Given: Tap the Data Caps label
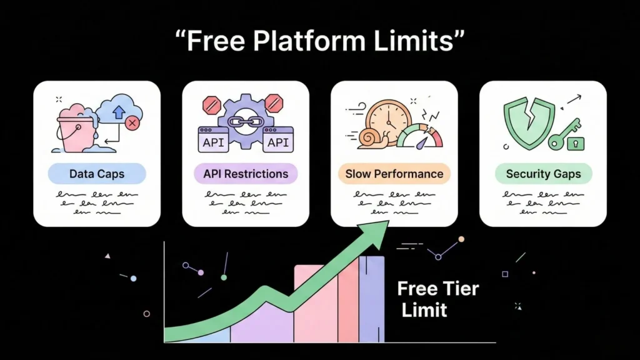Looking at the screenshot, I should pyautogui.click(x=97, y=174).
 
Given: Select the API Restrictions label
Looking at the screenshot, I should pyautogui.click(x=246, y=174).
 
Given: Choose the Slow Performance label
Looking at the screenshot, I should pyautogui.click(x=394, y=174).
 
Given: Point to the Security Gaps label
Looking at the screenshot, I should pyautogui.click(x=543, y=174).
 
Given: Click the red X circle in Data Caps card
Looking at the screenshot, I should pyautogui.click(x=132, y=123).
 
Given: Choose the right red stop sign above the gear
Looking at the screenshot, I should pyautogui.click(x=273, y=101).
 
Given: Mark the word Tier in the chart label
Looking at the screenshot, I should pyautogui.click(x=458, y=289).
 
